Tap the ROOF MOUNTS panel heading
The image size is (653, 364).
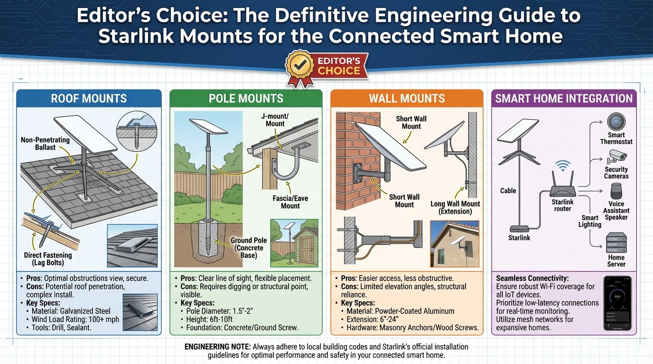pos(89,99)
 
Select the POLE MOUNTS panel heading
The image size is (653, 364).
pos(246,99)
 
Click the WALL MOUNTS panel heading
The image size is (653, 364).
pos(407,99)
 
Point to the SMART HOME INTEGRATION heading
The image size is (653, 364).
pos(564,99)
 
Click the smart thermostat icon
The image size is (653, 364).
pos(616,121)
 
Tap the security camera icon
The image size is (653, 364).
pos(616,157)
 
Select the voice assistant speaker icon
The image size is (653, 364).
pos(616,191)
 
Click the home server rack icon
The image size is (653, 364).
pos(616,243)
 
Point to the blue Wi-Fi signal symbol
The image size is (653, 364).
pos(562,165)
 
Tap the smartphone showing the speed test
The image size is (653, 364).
pos(617,303)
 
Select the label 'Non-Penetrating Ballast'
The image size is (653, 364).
pos(45,144)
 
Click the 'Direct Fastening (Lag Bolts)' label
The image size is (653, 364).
pos(48,259)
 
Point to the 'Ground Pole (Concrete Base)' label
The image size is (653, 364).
pos(249,248)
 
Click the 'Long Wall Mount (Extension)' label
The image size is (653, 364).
pos(455,208)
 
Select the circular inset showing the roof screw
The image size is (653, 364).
pos(137,131)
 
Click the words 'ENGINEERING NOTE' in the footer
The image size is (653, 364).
pos(217,347)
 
